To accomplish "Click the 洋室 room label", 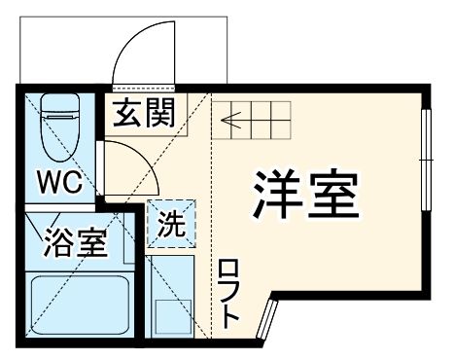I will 308,196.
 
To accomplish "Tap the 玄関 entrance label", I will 142,116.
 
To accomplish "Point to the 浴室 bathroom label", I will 74,243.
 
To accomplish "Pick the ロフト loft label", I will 229,292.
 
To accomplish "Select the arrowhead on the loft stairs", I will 227,122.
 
